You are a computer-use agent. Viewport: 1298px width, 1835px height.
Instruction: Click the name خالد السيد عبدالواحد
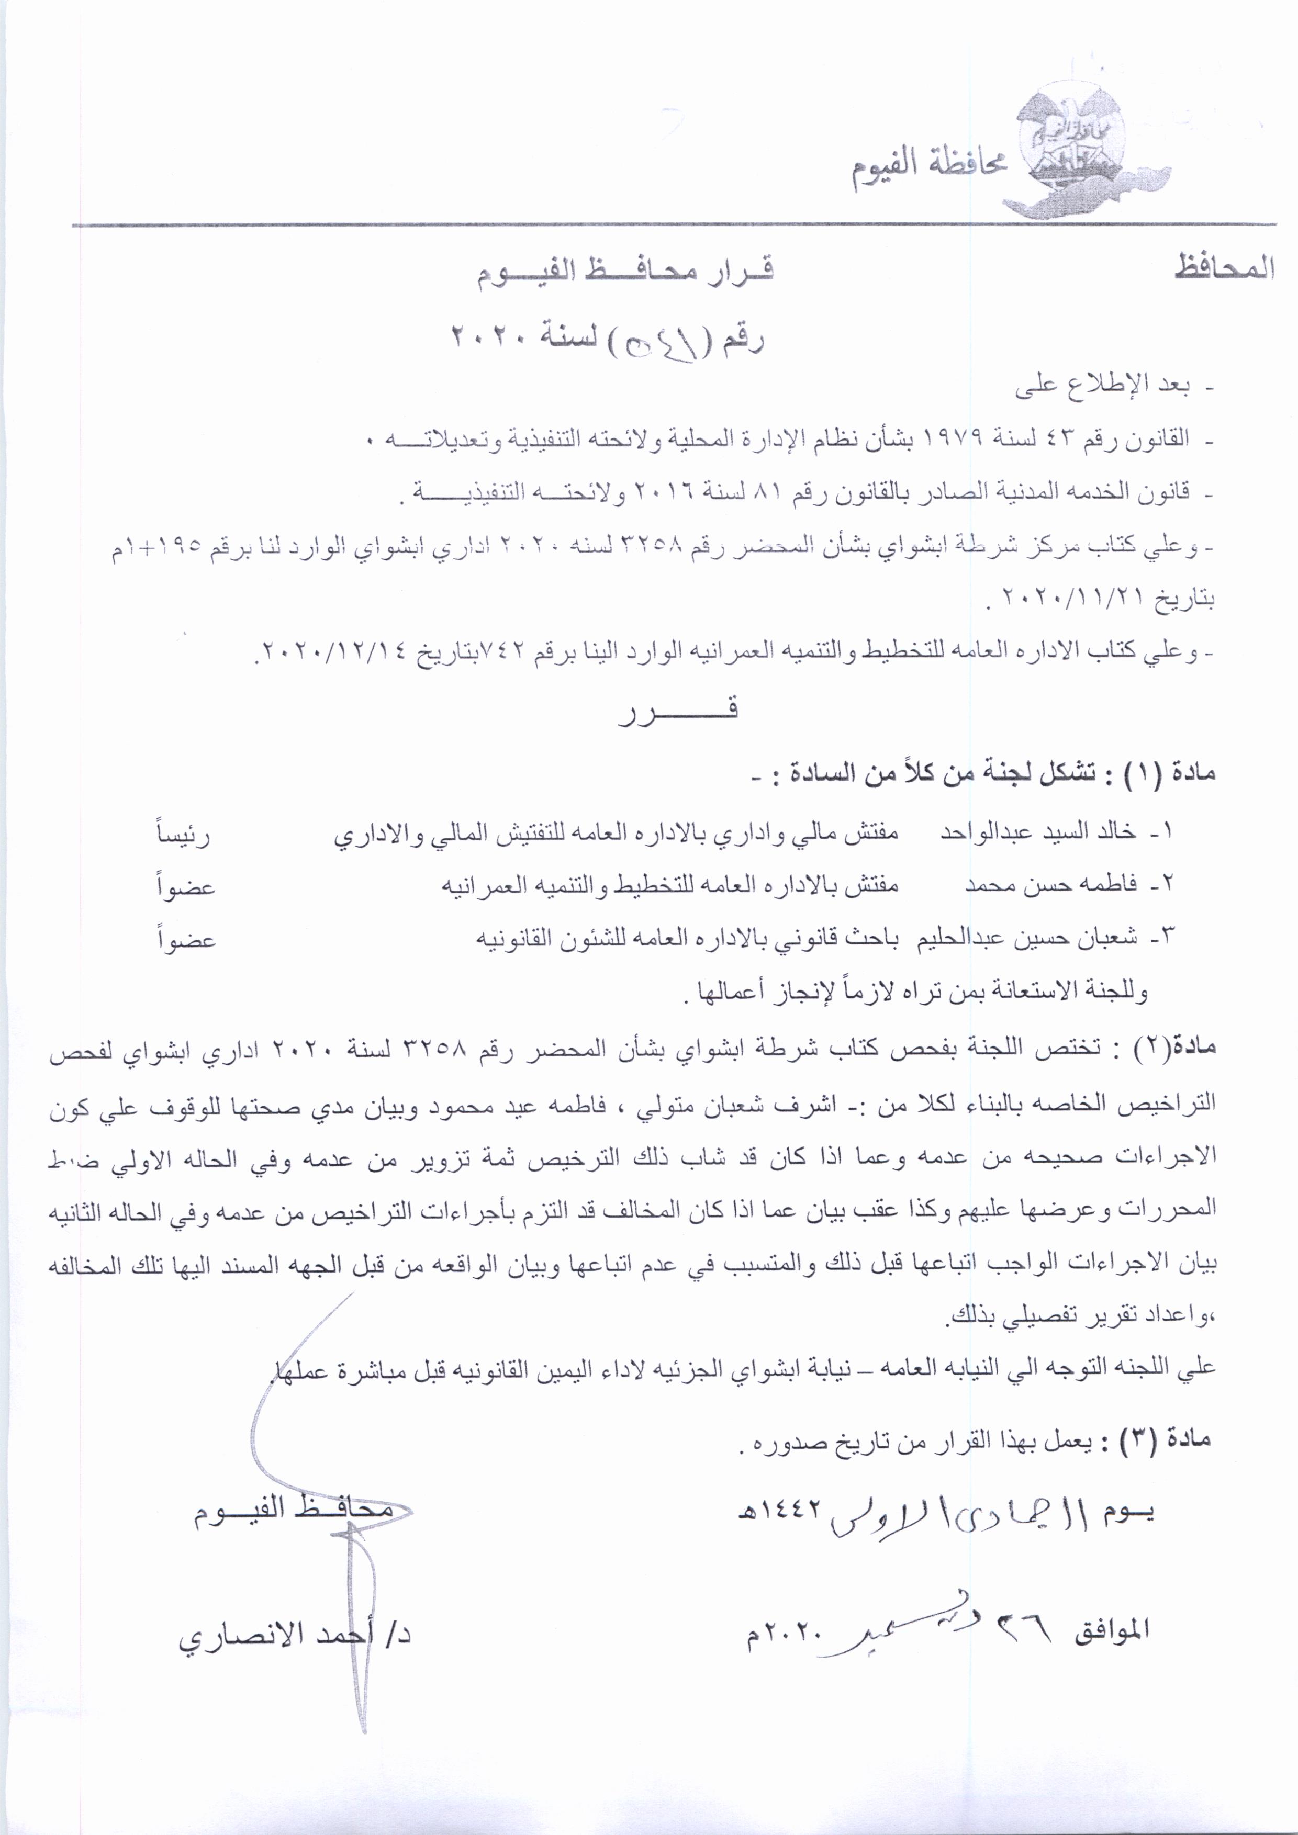pos(1038,832)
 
